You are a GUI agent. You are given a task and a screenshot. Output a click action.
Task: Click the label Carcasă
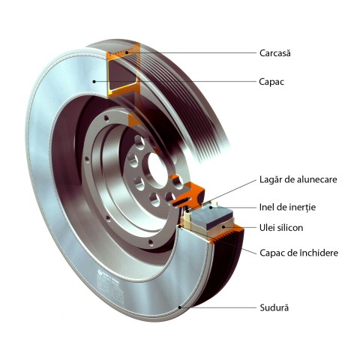click(x=275, y=53)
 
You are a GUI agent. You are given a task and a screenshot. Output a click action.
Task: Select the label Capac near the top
click(x=271, y=82)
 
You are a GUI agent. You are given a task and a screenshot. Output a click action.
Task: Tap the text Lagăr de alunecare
click(x=298, y=179)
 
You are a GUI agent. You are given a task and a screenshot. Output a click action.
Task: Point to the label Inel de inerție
click(x=287, y=207)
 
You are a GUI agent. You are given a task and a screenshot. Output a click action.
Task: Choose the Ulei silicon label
click(x=281, y=228)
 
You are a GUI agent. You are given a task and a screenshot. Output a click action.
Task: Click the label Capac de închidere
click(x=299, y=253)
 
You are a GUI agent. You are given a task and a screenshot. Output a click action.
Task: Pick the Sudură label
click(x=274, y=307)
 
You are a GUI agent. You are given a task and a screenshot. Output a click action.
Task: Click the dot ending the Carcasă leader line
click(x=127, y=52)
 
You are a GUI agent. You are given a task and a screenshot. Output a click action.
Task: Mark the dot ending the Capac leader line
click(x=94, y=82)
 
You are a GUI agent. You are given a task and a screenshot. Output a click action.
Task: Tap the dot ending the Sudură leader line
click(x=180, y=307)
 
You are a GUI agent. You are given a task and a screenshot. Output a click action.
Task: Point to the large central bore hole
click(x=157, y=169)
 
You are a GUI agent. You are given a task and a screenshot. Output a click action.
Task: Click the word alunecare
click(x=316, y=179)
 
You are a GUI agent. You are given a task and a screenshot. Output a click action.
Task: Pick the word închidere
click(x=319, y=253)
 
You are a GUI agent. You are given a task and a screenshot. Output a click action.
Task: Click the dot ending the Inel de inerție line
click(x=211, y=207)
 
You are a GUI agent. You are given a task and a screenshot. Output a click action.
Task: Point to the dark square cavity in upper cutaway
click(x=121, y=75)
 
